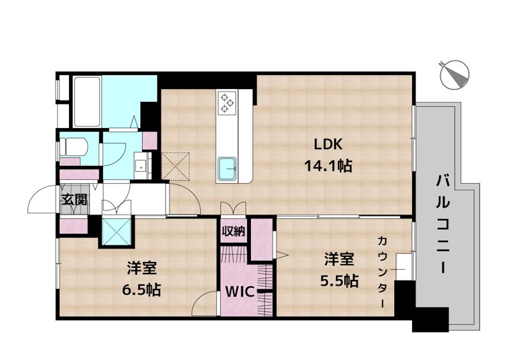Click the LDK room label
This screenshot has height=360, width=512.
click(x=328, y=144)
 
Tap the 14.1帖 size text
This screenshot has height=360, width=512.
click(x=328, y=166)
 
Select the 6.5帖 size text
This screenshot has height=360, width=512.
click(x=141, y=290)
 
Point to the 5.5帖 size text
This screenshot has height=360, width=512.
click(x=339, y=281)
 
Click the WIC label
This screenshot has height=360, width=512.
click(x=240, y=291)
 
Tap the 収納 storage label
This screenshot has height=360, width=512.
click(x=234, y=231)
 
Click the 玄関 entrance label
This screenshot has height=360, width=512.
click(x=75, y=200)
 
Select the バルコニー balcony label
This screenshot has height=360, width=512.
click(x=443, y=224)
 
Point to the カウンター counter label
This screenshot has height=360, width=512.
click(x=382, y=272)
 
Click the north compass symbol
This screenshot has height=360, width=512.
click(x=454, y=75)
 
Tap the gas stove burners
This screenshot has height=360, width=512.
click(x=227, y=102)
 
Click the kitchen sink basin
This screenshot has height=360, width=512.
click(x=227, y=168)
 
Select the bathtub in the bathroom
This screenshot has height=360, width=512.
click(x=86, y=102)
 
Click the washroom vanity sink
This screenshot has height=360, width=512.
click(x=141, y=166)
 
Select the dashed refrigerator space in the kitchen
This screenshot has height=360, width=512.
click(x=176, y=166)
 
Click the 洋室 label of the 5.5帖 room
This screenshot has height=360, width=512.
click(x=339, y=259)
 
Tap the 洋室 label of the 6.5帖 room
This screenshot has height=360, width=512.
click(x=141, y=268)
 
